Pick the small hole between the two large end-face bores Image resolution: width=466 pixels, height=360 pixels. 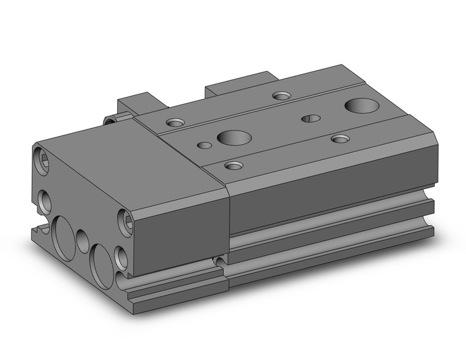pos(83,240)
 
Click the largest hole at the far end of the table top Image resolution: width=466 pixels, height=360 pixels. pos(359,105)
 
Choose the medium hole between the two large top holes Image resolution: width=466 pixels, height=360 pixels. pos(311,118)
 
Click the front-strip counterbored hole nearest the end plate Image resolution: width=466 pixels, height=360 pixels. pos(233,165)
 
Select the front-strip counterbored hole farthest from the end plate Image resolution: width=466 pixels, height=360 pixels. pos(340,139)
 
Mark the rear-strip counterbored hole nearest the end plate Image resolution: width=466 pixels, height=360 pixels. pos(176,123)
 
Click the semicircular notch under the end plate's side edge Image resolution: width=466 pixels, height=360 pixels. pos(220,261)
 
